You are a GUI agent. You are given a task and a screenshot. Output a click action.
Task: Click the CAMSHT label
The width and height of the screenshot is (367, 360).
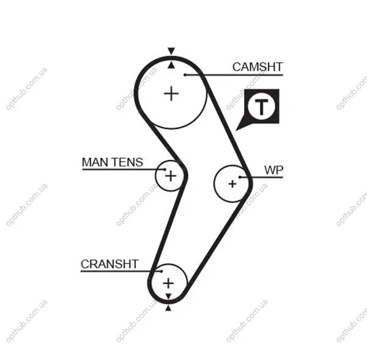258,67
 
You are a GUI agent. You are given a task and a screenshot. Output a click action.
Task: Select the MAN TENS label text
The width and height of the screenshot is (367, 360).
113,162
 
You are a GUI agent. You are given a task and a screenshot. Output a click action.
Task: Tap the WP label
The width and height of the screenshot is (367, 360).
273,170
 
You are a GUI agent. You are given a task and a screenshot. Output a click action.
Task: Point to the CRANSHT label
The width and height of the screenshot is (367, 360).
109,264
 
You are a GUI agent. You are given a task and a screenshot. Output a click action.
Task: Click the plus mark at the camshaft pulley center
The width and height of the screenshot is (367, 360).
171,94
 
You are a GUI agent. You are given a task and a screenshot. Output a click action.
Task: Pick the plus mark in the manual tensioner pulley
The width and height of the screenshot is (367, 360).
171,175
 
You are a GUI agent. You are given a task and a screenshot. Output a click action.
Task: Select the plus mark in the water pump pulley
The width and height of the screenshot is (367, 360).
232,184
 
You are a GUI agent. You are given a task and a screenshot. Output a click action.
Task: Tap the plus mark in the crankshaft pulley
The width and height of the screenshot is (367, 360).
168,283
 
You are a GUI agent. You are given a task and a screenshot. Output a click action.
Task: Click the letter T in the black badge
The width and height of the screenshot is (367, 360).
261,107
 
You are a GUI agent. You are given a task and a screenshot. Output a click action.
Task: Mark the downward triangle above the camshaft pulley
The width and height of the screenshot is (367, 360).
171,51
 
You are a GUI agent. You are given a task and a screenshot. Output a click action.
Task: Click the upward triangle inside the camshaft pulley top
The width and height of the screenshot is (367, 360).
171,65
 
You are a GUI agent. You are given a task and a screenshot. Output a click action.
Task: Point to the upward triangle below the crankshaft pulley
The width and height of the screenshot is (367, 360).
168,308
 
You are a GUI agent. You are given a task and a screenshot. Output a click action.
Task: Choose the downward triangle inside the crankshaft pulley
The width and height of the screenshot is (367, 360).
168,296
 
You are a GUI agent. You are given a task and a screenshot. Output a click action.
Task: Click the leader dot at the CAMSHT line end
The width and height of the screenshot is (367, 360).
185,75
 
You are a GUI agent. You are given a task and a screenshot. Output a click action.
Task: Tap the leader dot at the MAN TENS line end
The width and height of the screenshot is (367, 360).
165,169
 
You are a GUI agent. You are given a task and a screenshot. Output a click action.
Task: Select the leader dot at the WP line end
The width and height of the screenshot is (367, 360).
240,177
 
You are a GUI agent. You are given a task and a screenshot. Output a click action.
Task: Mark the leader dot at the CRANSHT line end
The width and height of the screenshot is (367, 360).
161,271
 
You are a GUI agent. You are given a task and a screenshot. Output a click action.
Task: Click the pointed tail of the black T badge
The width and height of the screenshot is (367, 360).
236,130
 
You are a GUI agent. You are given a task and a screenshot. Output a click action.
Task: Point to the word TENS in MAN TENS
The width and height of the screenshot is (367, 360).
127,162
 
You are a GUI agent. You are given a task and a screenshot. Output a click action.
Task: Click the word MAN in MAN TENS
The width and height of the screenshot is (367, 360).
95,162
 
